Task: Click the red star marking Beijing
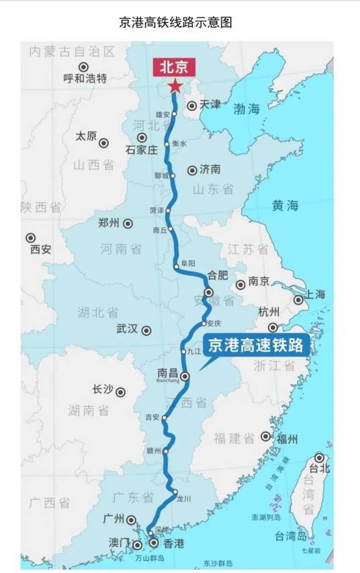point(175,85)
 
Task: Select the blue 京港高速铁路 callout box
point(255,346)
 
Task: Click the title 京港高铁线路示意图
point(175,22)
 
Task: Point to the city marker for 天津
point(192,105)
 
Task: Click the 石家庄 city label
point(141,150)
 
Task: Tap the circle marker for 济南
point(193,170)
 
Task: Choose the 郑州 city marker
point(128,224)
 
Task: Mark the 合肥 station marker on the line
point(209,292)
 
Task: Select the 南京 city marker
point(240,285)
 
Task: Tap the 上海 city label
point(315,294)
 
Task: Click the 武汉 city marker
point(146,330)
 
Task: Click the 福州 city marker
point(266,437)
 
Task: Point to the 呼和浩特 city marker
point(84,67)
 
